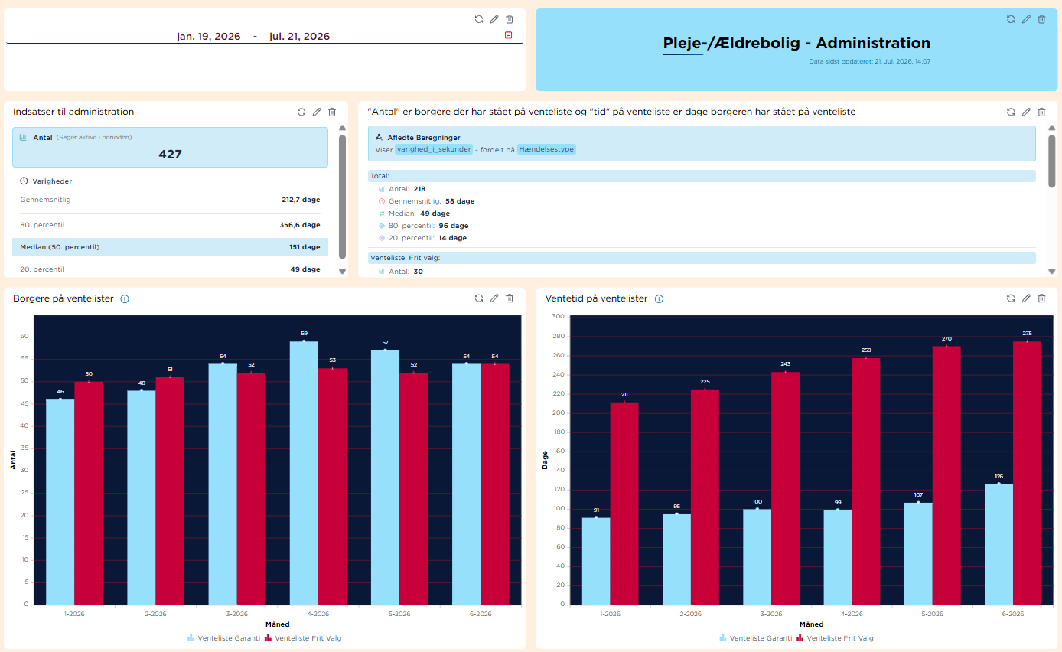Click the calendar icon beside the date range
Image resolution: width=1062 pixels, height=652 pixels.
point(508,35)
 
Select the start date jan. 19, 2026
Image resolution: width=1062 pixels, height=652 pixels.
point(209,37)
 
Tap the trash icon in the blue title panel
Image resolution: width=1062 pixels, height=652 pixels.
point(1041,19)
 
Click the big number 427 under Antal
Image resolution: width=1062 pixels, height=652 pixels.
point(170,154)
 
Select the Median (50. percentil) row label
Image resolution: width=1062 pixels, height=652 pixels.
point(60,247)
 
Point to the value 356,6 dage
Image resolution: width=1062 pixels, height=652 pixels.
point(300,225)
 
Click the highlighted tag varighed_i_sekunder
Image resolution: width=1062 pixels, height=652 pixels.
point(434,149)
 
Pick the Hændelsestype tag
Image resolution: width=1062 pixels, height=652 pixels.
point(546,149)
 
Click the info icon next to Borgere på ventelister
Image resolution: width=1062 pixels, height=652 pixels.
point(125,298)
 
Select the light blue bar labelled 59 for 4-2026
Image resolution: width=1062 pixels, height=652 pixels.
point(304,473)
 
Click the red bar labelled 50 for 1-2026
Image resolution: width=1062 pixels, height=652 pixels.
point(89,493)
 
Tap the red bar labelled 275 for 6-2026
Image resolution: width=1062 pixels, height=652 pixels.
point(1027,473)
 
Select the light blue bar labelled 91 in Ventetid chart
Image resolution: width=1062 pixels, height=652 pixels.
point(596,561)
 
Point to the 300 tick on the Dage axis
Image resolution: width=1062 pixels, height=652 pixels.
point(558,316)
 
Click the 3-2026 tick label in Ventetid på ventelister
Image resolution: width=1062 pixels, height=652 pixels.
point(771,614)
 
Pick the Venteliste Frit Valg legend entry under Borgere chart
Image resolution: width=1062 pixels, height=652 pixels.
point(303,638)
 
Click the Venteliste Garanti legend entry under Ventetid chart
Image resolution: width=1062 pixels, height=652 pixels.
point(755,638)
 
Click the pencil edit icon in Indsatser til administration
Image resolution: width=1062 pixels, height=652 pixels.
point(317,112)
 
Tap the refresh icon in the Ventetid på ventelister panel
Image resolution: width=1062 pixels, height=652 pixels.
point(1011,298)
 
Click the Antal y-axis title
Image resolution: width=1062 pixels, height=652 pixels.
point(13,460)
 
